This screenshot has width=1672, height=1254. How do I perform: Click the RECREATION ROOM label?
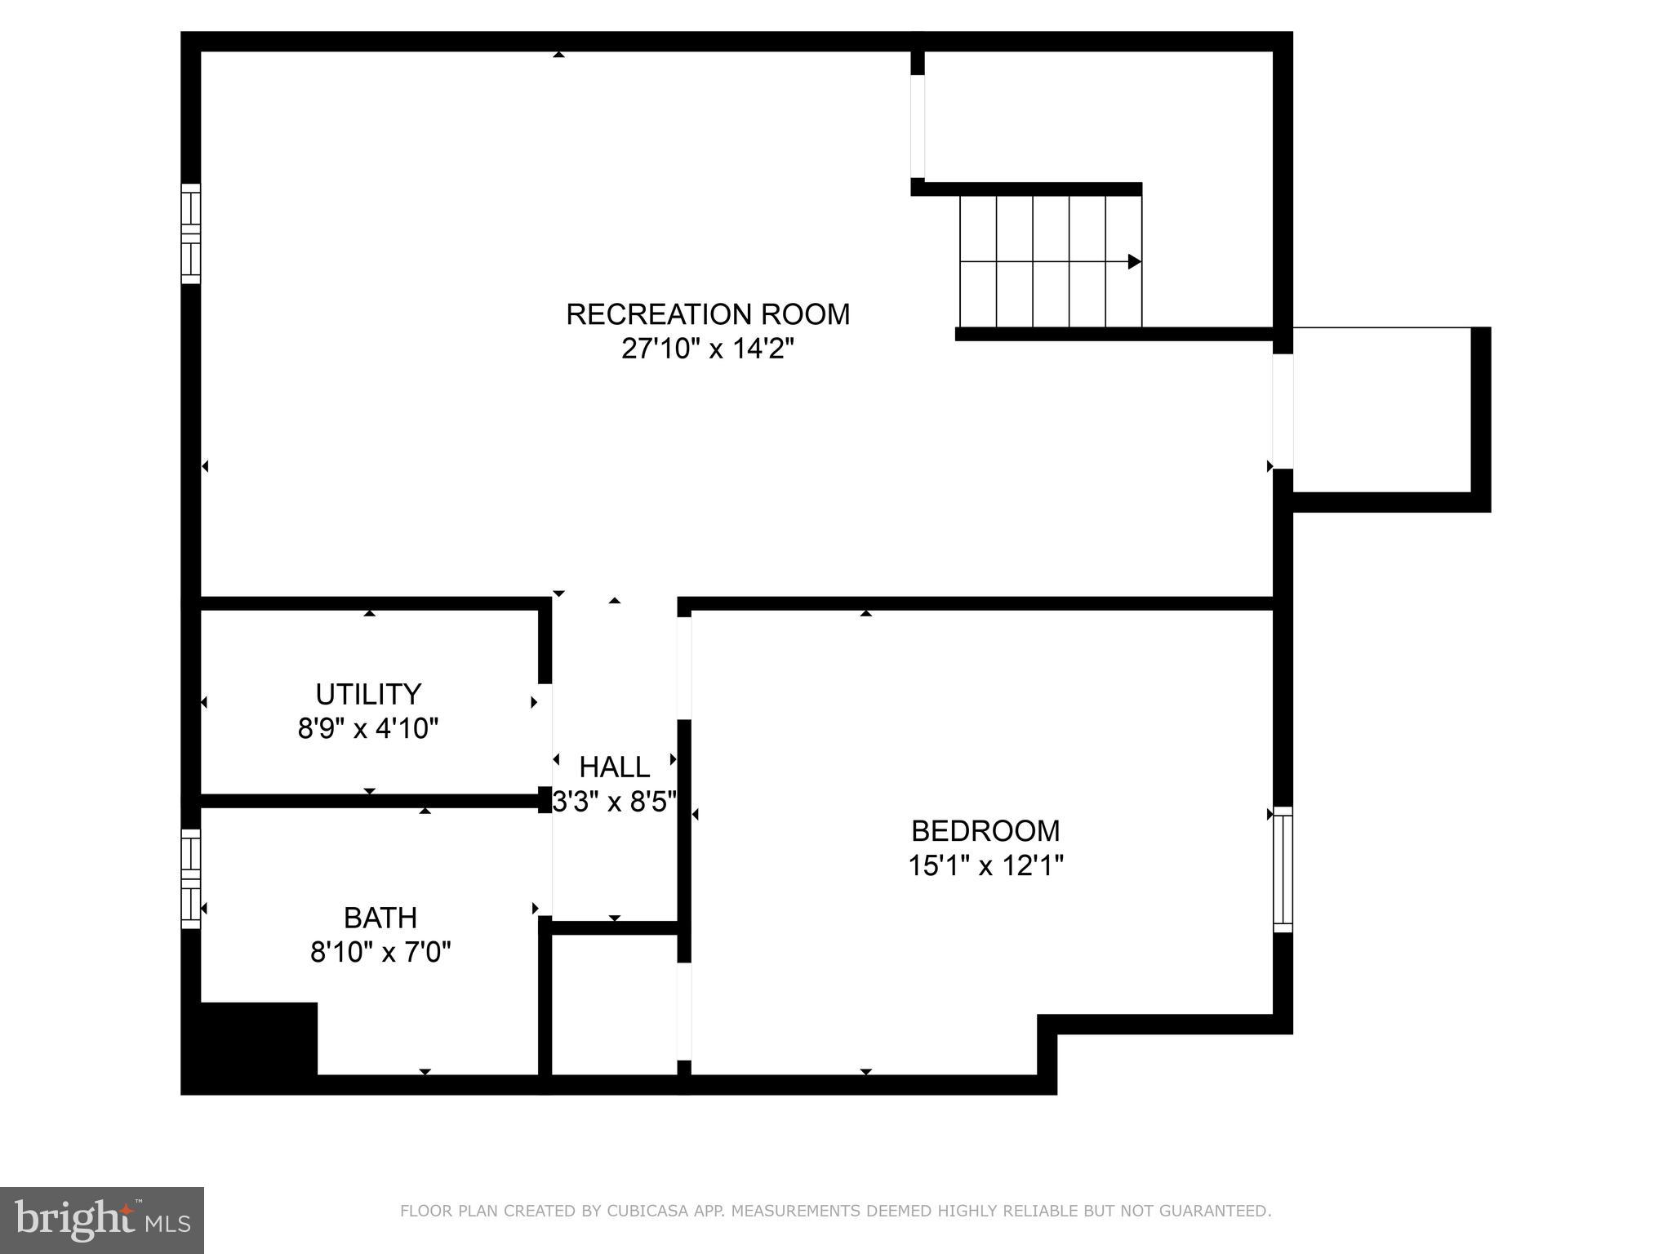(x=707, y=314)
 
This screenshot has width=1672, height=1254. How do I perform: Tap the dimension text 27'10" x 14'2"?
(x=707, y=349)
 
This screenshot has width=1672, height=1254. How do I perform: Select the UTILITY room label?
(x=368, y=694)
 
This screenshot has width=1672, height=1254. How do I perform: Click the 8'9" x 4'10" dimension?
(x=368, y=728)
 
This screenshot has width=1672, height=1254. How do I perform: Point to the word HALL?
(x=614, y=767)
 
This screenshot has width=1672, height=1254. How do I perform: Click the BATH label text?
(x=380, y=918)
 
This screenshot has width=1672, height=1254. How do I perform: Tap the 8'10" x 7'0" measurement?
(x=380, y=952)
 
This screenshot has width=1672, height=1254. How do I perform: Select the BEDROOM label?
(x=985, y=830)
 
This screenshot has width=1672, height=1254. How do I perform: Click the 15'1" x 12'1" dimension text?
(x=985, y=865)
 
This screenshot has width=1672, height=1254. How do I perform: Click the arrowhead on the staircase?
(x=1134, y=261)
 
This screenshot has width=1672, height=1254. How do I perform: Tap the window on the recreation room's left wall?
(x=190, y=234)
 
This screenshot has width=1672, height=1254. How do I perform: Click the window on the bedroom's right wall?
(x=1283, y=869)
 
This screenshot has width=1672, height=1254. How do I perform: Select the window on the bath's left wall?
(x=190, y=878)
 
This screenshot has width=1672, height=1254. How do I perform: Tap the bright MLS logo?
(x=101, y=1220)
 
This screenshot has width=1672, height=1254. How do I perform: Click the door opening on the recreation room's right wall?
(x=1283, y=411)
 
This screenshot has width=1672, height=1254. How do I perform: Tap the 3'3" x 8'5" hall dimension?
(x=614, y=802)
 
